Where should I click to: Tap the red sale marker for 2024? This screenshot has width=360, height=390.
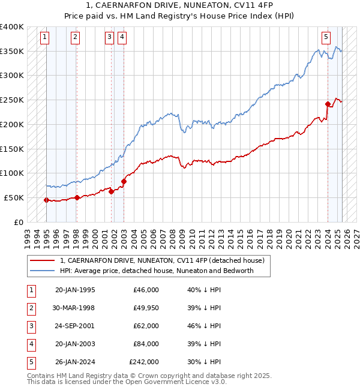click(328, 104)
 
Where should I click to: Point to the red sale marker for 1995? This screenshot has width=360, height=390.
click(46, 200)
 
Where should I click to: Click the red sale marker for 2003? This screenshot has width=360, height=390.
click(124, 181)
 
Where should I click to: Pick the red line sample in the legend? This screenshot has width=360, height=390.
click(43, 260)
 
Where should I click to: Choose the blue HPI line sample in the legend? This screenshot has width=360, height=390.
click(43, 271)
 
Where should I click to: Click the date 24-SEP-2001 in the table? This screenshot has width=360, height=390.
click(74, 326)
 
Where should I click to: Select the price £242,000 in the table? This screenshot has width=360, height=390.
click(144, 362)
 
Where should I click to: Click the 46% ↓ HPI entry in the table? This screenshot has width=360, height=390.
click(204, 326)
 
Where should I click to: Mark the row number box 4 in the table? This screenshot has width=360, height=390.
click(30, 344)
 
